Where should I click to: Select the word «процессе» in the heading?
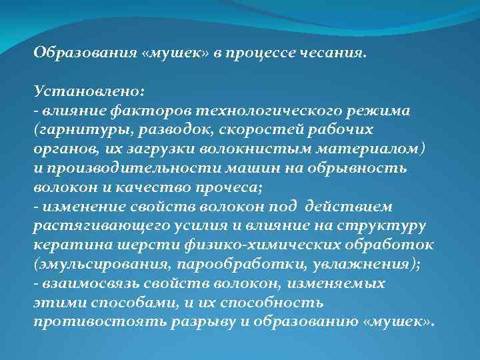click(x=261, y=53)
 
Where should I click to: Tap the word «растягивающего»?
click(x=93, y=225)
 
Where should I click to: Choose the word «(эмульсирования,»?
click(x=93, y=263)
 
